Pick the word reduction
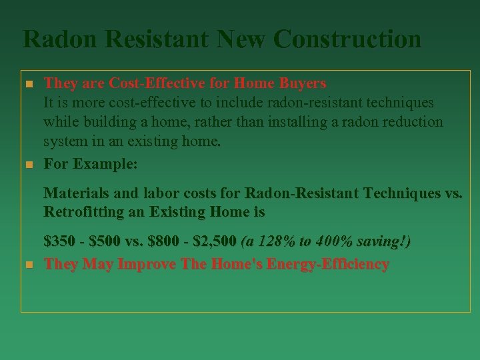[413, 123]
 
